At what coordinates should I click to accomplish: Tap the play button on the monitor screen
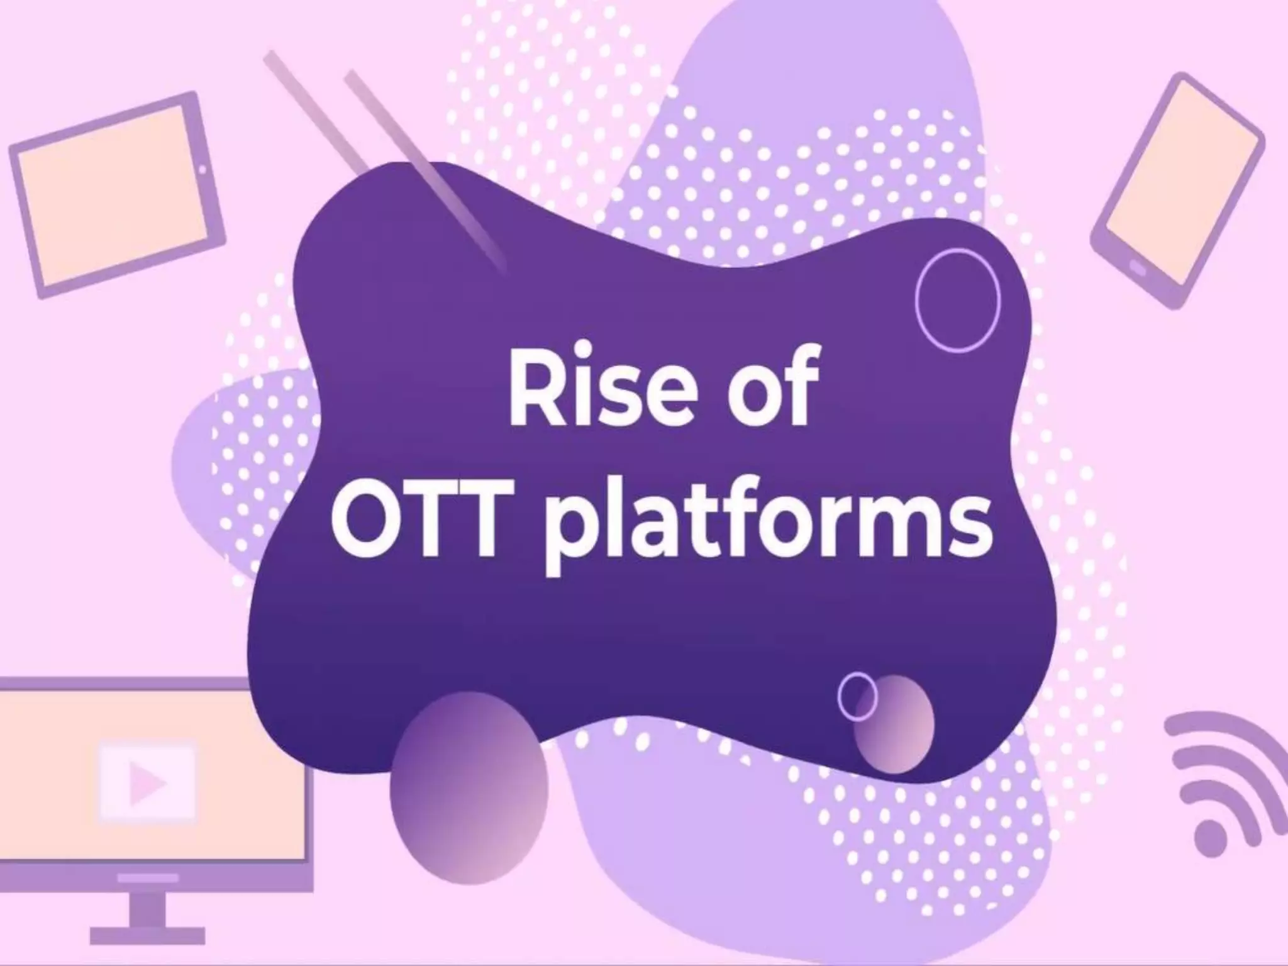click(x=147, y=783)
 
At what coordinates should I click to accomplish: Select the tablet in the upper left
click(x=116, y=194)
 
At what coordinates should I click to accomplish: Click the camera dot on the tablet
click(x=202, y=169)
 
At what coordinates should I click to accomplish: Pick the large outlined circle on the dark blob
click(x=957, y=300)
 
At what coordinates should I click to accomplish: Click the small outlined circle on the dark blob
click(x=857, y=696)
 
